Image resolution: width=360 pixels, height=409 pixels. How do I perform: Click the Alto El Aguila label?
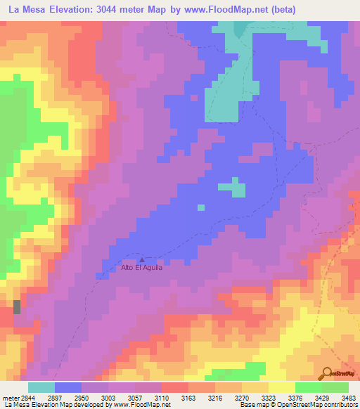click(142, 268)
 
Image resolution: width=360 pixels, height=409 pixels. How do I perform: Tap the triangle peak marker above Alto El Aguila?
click(142, 259)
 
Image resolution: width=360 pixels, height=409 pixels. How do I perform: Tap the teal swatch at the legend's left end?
click(41, 388)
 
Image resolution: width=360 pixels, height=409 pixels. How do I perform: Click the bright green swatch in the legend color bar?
click(308, 388)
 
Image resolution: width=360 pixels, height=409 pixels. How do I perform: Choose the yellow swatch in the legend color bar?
click(281, 388)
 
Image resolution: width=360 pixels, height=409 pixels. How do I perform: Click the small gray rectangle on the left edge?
click(17, 307)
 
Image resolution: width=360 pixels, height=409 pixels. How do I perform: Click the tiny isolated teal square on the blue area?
click(201, 207)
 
